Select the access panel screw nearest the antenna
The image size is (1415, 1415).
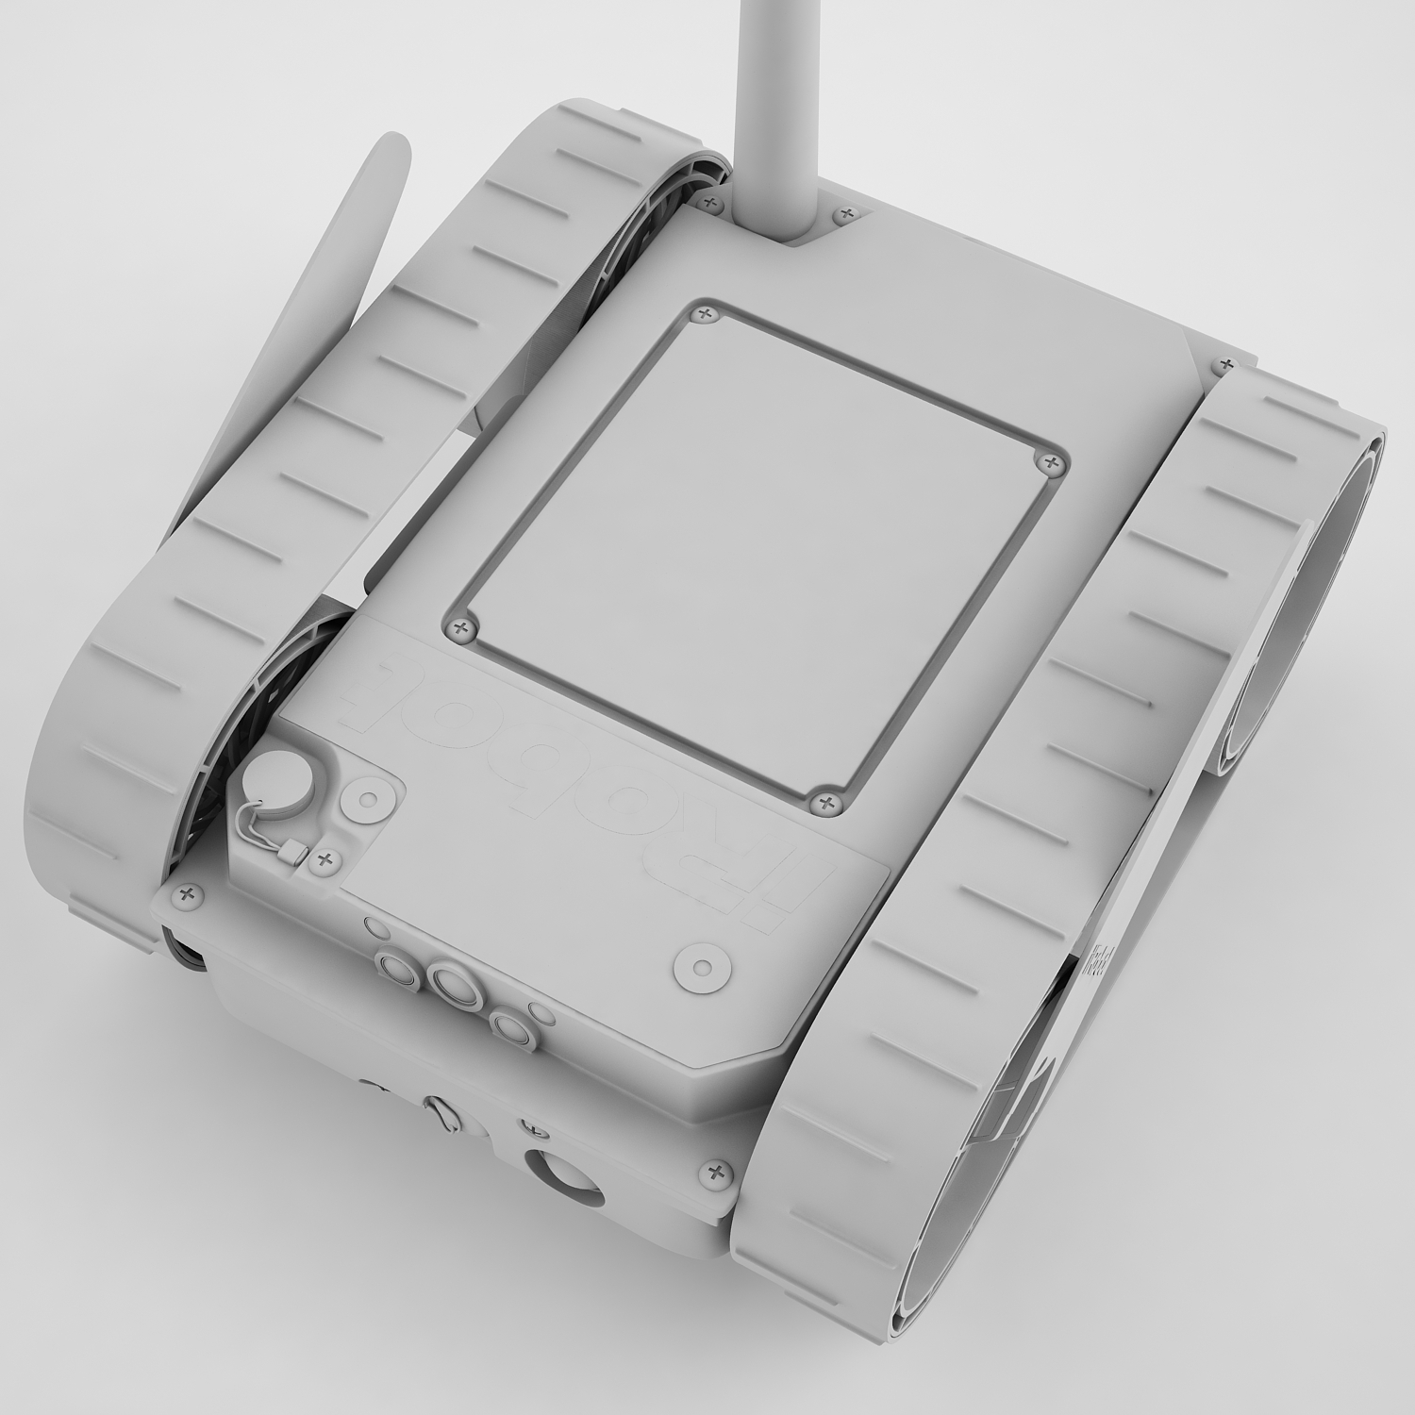coord(704,315)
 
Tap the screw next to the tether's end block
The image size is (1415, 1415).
coord(327,858)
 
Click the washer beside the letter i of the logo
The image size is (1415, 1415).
coord(702,969)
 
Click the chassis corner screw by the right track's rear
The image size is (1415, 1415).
coord(1225,363)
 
